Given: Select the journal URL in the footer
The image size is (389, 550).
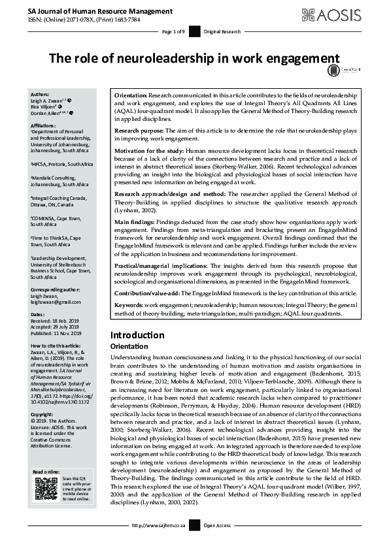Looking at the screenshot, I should click(159, 543).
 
